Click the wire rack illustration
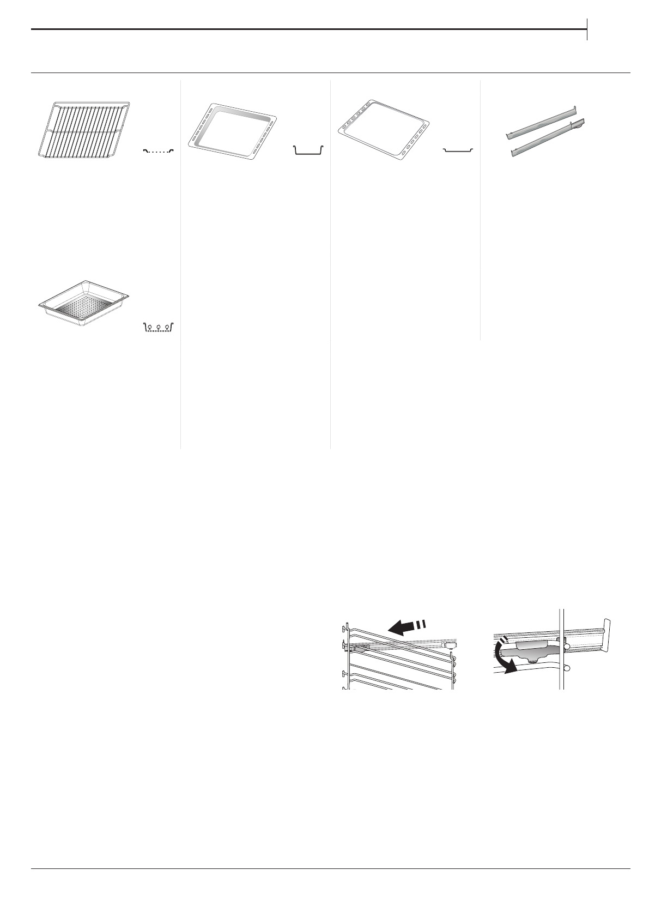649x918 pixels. (83, 129)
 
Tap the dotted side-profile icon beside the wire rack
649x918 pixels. (158, 150)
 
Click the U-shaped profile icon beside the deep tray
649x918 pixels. (308, 150)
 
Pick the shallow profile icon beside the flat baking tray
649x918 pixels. (458, 149)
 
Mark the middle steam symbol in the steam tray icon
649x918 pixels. (158, 327)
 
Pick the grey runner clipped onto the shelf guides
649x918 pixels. (403, 645)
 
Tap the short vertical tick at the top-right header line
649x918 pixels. (587, 29)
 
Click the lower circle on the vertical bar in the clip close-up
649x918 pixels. (567, 667)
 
